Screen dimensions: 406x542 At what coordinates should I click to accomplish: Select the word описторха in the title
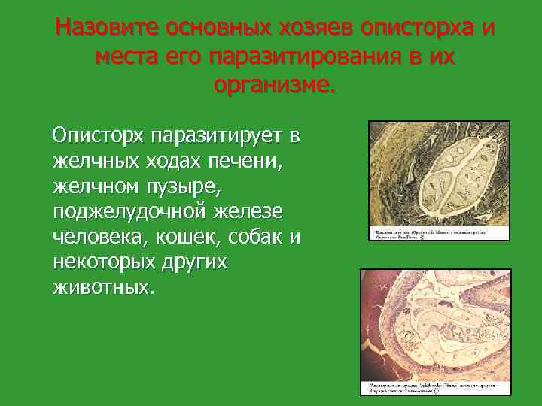pos(419,29)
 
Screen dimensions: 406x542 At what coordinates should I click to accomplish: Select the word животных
pos(102,288)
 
